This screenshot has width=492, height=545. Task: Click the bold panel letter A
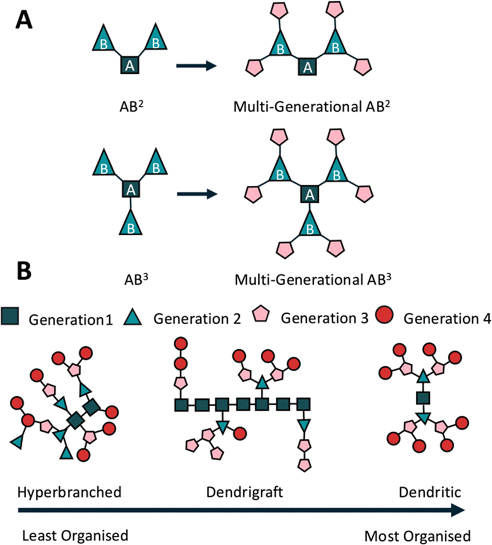(x=24, y=20)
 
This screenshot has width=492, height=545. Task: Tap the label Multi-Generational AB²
(x=311, y=106)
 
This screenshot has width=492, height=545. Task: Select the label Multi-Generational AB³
(x=313, y=279)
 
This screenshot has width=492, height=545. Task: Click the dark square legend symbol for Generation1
(x=10, y=315)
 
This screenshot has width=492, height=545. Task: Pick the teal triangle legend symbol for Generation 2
(x=132, y=317)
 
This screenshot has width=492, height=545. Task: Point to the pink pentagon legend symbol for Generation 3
(x=261, y=314)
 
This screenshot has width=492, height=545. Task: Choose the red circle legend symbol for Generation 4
(x=385, y=314)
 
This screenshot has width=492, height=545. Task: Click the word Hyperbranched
(x=70, y=492)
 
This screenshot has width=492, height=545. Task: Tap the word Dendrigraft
(x=245, y=492)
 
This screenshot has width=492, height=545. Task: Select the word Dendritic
(x=430, y=492)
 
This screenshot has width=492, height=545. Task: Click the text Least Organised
(x=75, y=536)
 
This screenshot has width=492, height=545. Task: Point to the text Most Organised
(x=418, y=536)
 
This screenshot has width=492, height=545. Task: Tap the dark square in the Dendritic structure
(x=423, y=397)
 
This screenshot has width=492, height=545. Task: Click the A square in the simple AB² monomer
(x=130, y=65)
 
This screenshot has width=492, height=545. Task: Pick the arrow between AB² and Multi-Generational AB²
(x=196, y=65)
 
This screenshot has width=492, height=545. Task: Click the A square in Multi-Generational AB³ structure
(x=310, y=195)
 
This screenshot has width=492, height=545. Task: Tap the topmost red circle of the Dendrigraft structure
(x=181, y=344)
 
